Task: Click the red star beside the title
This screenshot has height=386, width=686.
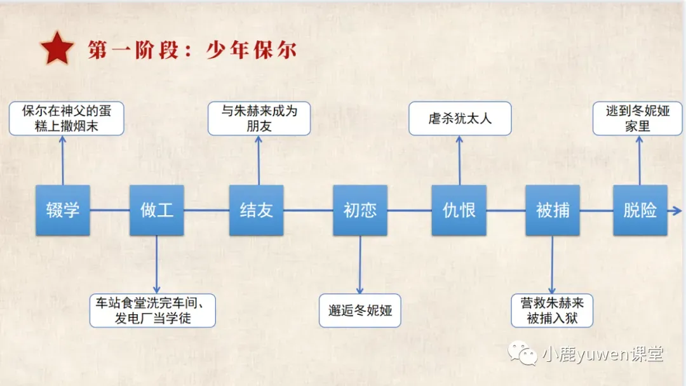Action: click(57, 49)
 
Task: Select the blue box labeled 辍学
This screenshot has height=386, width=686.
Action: click(62, 210)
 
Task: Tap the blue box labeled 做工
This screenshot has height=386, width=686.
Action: click(156, 210)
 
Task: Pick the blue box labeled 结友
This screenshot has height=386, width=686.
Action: click(256, 210)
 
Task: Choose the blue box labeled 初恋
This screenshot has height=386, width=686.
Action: click(360, 210)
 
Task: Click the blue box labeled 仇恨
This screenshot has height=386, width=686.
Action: click(459, 210)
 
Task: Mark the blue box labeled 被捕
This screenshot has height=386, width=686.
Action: click(553, 210)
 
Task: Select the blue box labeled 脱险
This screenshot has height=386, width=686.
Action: click(640, 210)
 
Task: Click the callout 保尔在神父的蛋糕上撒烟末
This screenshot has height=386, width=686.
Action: click(66, 118)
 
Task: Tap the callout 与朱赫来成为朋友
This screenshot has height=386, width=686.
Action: click(259, 118)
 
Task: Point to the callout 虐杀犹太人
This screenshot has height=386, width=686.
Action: click(460, 118)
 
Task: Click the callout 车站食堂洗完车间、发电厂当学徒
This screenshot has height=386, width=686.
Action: click(152, 310)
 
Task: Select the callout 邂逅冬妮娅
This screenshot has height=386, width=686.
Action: click(360, 310)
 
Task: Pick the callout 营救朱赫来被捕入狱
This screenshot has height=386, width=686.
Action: click(552, 310)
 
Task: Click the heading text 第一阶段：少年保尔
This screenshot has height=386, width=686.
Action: click(192, 50)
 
